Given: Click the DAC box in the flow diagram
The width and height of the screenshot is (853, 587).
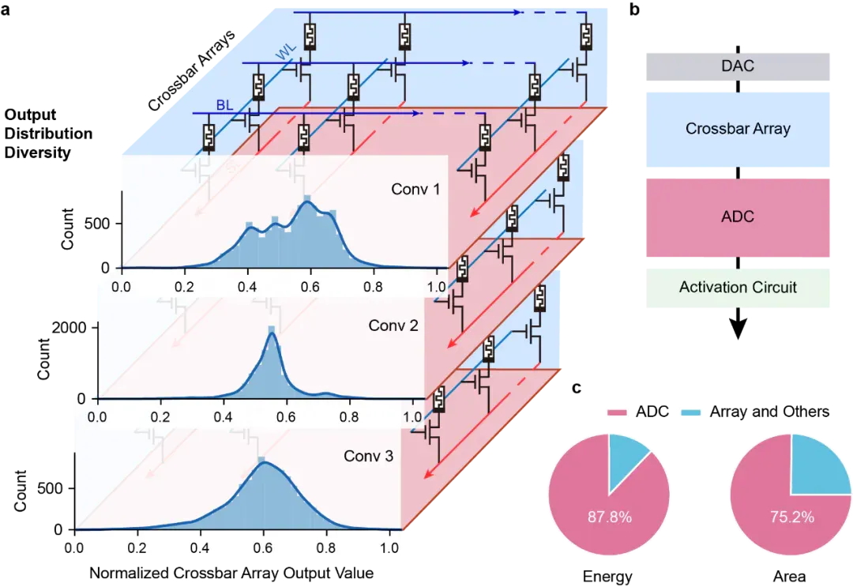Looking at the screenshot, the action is (x=738, y=66).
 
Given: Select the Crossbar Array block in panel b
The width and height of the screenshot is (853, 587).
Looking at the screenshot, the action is (x=738, y=129).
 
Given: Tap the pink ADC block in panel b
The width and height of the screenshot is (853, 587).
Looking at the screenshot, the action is (x=738, y=217).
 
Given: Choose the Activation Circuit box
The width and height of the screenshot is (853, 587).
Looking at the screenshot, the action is (x=738, y=288).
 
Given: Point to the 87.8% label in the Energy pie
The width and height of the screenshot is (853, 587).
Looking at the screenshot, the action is (x=609, y=516).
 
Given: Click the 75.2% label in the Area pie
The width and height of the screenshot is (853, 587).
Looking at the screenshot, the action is (x=791, y=516).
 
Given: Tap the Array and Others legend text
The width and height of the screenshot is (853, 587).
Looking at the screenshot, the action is (x=769, y=412).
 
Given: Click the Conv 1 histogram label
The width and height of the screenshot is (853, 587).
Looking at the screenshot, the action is (x=415, y=190).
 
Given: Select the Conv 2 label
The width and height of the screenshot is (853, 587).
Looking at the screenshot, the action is (x=393, y=325).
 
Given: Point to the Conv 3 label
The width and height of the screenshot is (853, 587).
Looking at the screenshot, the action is (x=368, y=456).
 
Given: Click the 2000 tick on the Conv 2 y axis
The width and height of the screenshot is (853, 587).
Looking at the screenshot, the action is (x=69, y=328).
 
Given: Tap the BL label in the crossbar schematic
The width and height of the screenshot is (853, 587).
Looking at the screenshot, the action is (x=224, y=105).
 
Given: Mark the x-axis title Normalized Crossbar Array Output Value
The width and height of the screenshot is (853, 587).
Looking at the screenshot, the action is (x=231, y=573).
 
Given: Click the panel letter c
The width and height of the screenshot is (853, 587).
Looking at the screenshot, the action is (x=577, y=388).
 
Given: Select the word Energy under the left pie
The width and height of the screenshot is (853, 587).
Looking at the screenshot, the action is (x=607, y=576).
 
